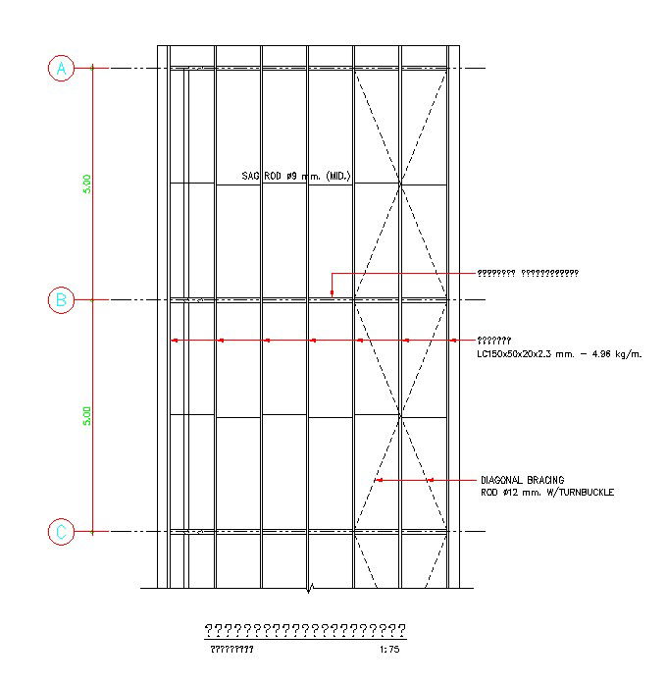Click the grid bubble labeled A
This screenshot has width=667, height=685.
pyautogui.click(x=61, y=68)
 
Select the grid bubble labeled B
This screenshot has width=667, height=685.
pyautogui.click(x=61, y=300)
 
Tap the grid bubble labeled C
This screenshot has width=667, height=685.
pyautogui.click(x=61, y=532)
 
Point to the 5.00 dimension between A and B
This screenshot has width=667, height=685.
pyautogui.click(x=86, y=184)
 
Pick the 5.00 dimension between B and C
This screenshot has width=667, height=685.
pyautogui.click(x=86, y=416)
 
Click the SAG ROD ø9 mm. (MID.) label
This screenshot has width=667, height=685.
pyautogui.click(x=296, y=177)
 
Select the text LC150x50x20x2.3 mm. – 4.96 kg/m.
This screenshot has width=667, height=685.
pyautogui.click(x=559, y=353)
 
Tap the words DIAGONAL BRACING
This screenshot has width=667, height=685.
pyautogui.click(x=522, y=480)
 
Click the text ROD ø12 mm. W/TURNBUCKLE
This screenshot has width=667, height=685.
pyautogui.click(x=546, y=492)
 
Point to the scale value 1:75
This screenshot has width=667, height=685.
pyautogui.click(x=389, y=650)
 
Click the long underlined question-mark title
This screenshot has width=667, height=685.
pyautogui.click(x=304, y=630)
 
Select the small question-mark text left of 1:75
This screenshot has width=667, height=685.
pyautogui.click(x=231, y=650)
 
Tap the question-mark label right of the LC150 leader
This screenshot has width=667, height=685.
pyautogui.click(x=493, y=340)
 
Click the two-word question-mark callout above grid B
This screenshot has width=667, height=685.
pyautogui.click(x=528, y=273)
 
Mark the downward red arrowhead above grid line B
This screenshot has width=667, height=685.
pyautogui.click(x=333, y=292)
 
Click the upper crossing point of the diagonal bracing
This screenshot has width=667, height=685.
pyautogui.click(x=400, y=184)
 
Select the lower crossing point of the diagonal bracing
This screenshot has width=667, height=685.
pyautogui.click(x=400, y=416)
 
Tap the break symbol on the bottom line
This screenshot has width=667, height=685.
pyautogui.click(x=311, y=589)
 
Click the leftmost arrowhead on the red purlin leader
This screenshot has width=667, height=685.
pyautogui.click(x=174, y=341)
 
